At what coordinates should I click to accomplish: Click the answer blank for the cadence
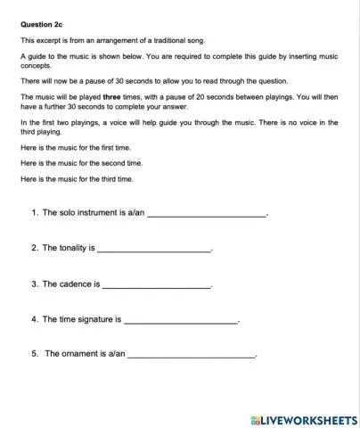(157, 284)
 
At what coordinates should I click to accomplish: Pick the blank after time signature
(181, 318)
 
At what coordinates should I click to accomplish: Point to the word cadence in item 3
(74, 284)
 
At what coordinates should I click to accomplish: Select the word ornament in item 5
(83, 354)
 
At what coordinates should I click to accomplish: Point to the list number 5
(34, 354)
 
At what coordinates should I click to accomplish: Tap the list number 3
(33, 284)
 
